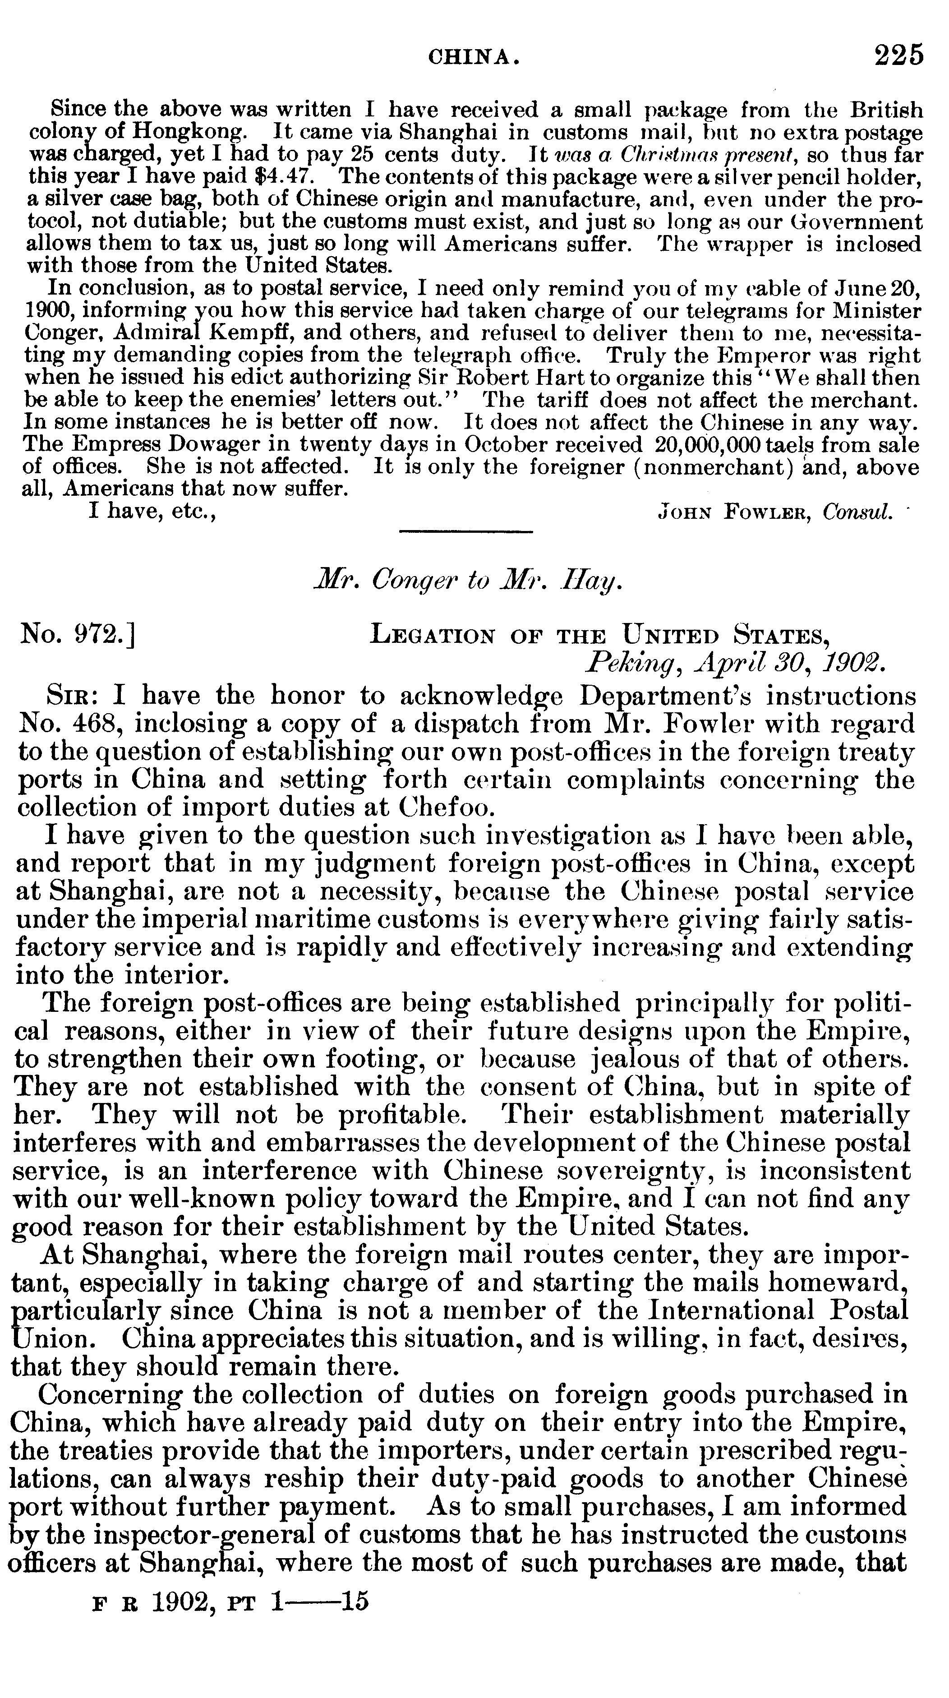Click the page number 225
click(899, 55)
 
